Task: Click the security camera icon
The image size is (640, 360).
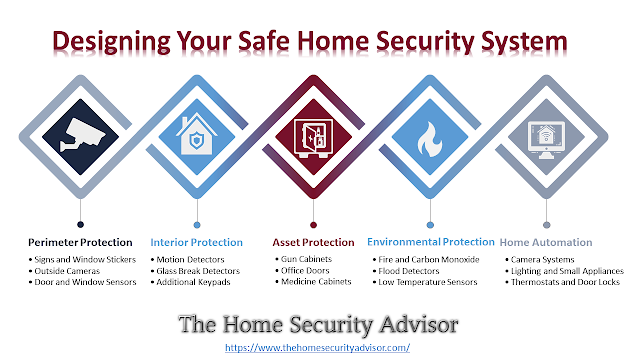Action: pyautogui.click(x=83, y=135)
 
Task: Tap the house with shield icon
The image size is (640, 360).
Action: pyautogui.click(x=197, y=134)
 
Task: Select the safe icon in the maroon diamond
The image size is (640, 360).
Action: pyautogui.click(x=313, y=138)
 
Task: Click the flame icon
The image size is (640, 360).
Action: pyautogui.click(x=429, y=139)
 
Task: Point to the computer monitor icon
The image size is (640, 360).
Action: pyautogui.click(x=546, y=140)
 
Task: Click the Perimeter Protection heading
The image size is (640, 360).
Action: pyautogui.click(x=80, y=242)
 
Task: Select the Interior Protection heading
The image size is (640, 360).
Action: pyautogui.click(x=196, y=242)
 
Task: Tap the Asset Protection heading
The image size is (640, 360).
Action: pyautogui.click(x=313, y=242)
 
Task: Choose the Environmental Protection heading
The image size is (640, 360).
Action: pyautogui.click(x=431, y=242)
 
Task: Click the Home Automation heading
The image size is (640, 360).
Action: pyautogui.click(x=546, y=242)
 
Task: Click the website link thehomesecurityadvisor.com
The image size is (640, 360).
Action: pyautogui.click(x=318, y=348)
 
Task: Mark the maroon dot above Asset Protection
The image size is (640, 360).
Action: pyautogui.click(x=313, y=225)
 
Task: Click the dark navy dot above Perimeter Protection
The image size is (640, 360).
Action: pyautogui.click(x=80, y=224)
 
